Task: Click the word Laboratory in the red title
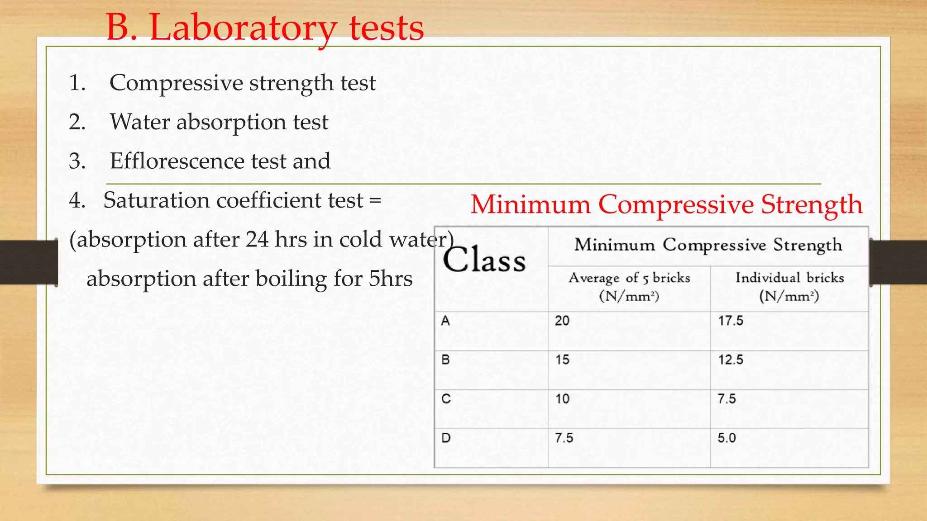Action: coord(243,28)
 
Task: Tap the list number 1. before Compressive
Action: coord(77,83)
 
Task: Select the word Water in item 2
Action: coord(140,122)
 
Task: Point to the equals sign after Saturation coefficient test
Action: coord(375,200)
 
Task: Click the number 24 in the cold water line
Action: coord(257,239)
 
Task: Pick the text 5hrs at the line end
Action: coord(390,279)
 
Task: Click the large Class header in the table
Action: coord(484,260)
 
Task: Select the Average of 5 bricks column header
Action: coord(629,286)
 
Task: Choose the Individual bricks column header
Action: coord(789,286)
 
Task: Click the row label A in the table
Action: coord(445,321)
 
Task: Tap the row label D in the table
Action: coord(446,438)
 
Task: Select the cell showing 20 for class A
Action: coord(562,321)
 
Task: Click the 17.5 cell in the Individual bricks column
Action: coord(731,321)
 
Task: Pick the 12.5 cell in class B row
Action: coord(731,360)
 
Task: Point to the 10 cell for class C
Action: coord(562,399)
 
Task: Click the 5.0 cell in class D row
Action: coord(726,438)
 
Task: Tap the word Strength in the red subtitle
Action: coord(812,204)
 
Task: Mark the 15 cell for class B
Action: coord(562,360)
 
